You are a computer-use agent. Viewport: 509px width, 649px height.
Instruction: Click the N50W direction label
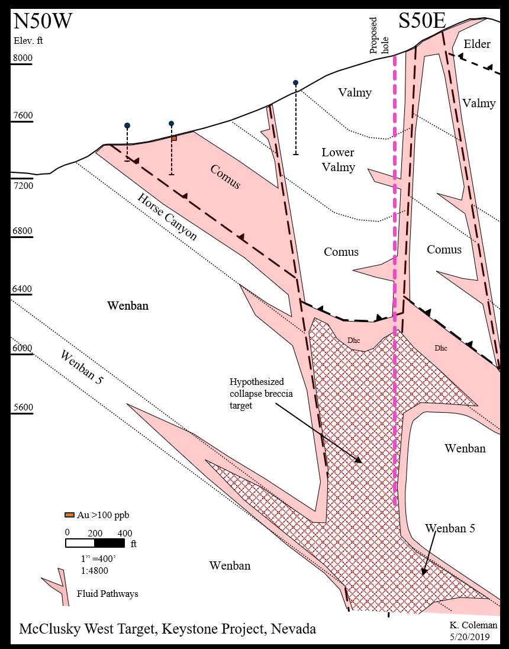click(x=43, y=22)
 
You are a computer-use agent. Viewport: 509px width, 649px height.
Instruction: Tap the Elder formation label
click(x=477, y=44)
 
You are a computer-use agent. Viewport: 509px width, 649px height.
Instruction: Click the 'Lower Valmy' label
click(x=338, y=159)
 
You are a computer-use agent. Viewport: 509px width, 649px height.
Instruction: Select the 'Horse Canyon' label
click(x=167, y=216)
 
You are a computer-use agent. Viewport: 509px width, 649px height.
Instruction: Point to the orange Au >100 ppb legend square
click(x=69, y=515)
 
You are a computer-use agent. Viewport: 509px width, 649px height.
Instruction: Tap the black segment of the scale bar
click(x=109, y=542)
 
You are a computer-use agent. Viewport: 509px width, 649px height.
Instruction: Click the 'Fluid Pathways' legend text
click(x=107, y=593)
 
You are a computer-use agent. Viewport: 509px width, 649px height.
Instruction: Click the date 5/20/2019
click(x=472, y=637)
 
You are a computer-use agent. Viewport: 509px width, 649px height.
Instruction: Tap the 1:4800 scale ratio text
click(x=95, y=570)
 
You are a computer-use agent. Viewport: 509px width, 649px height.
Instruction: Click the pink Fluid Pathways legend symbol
click(x=56, y=587)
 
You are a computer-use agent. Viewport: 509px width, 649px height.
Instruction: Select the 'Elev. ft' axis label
click(x=28, y=41)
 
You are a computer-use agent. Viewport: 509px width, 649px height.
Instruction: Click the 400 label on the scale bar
click(x=124, y=532)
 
